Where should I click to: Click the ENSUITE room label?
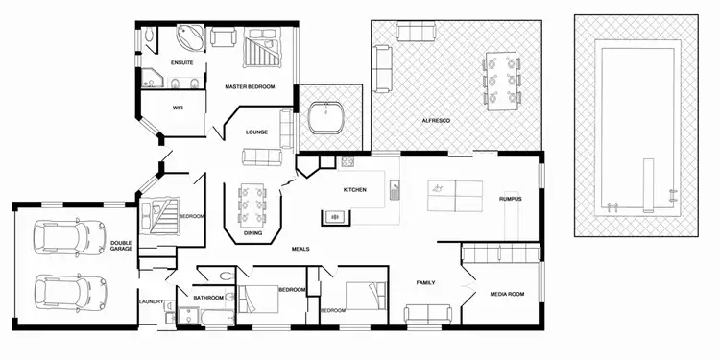[182, 63]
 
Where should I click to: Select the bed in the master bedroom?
[260, 47]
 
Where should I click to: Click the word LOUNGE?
[255, 132]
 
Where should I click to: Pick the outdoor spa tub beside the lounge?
[329, 117]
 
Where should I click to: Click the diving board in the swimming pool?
[646, 189]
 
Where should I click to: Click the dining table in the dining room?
[253, 202]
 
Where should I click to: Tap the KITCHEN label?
[355, 190]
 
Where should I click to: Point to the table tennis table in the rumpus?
[455, 194]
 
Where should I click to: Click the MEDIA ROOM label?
[506, 294]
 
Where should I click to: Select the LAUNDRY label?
[152, 302]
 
